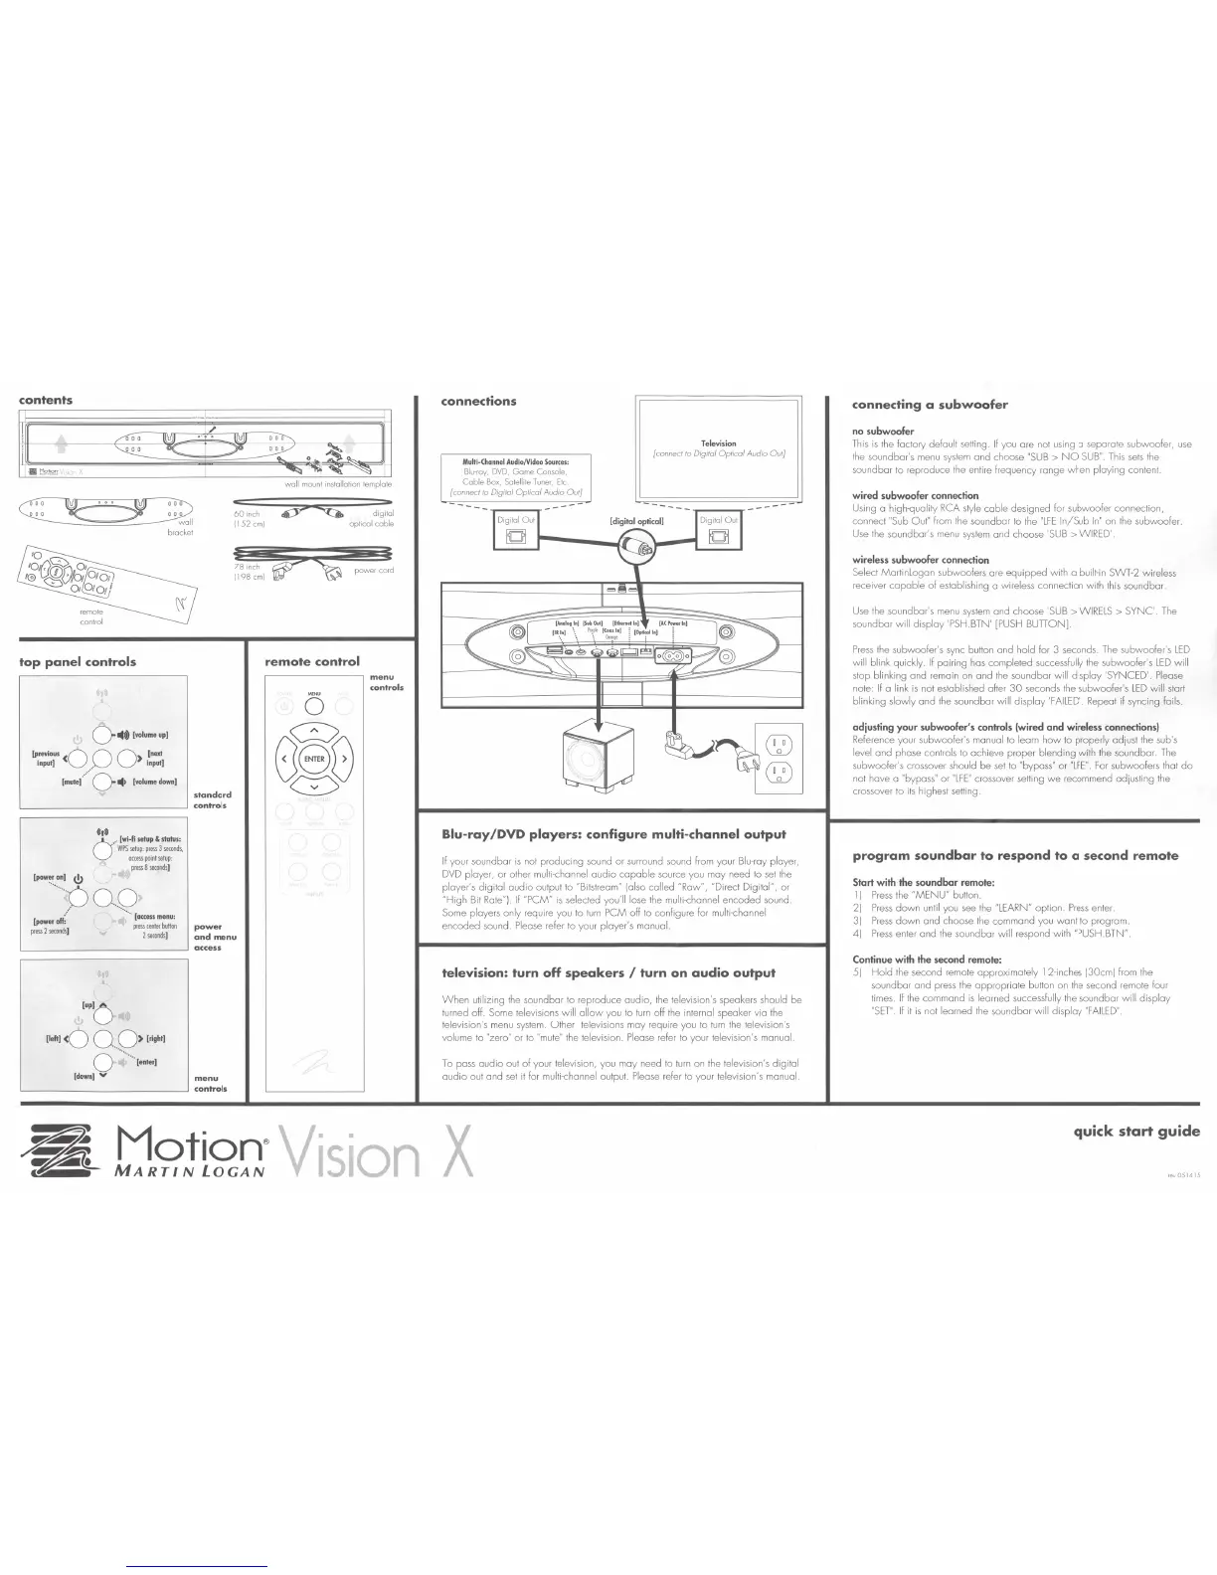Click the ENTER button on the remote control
[x=314, y=760]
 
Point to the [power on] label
[x=50, y=878]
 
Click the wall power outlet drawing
[x=779, y=760]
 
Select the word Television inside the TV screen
[x=718, y=443]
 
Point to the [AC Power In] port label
[x=673, y=623]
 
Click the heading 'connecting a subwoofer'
[x=930, y=405]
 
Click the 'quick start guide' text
[x=1135, y=1131]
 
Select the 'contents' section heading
[x=46, y=400]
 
